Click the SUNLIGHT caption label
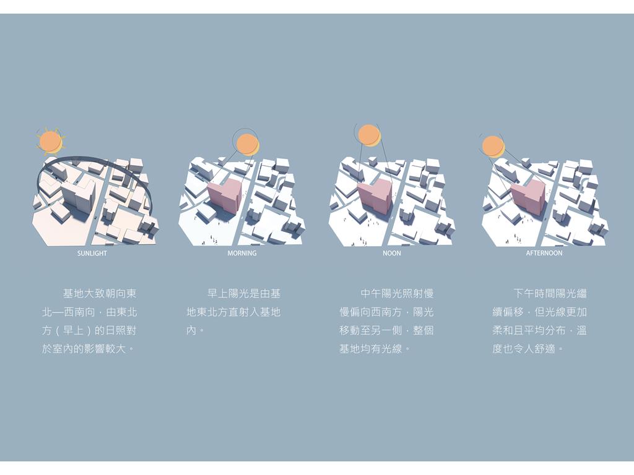(92, 253)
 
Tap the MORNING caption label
(242, 253)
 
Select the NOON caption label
(392, 253)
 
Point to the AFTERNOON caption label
(544, 253)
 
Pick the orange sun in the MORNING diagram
(246, 145)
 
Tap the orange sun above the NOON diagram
(369, 135)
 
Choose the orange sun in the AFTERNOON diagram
(493, 146)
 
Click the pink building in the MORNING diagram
(225, 195)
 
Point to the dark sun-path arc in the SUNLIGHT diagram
(97, 159)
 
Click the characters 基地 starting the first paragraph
(73, 294)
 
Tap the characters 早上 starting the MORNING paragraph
(217, 294)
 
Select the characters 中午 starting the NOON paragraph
(371, 294)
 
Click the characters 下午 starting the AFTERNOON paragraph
(524, 294)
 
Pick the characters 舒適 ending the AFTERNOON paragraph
(545, 349)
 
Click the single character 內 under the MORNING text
(191, 330)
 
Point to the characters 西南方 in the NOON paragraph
(386, 312)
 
